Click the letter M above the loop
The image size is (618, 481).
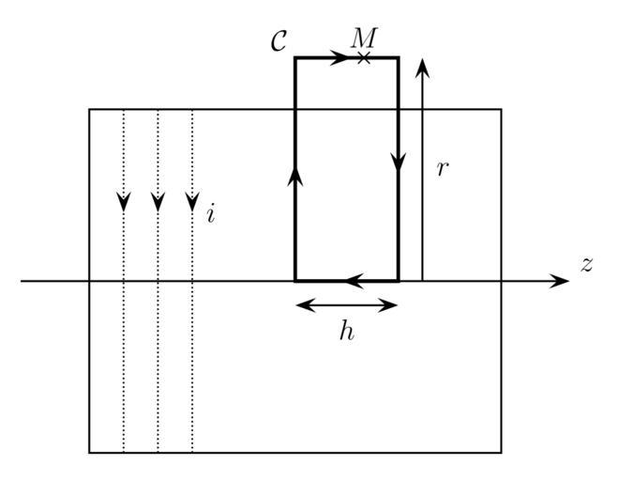363,38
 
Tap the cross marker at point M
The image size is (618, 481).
364,58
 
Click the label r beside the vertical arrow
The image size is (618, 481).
443,170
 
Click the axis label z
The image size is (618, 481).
587,264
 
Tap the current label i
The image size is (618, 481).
211,214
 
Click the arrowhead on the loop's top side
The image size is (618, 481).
339,58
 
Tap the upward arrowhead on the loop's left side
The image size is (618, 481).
295,177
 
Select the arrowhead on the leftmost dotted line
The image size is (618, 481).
123,202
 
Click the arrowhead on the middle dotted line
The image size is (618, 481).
158,202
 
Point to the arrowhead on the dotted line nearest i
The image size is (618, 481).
192,202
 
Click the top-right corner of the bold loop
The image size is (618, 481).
399,58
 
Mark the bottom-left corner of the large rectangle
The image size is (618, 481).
90,453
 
